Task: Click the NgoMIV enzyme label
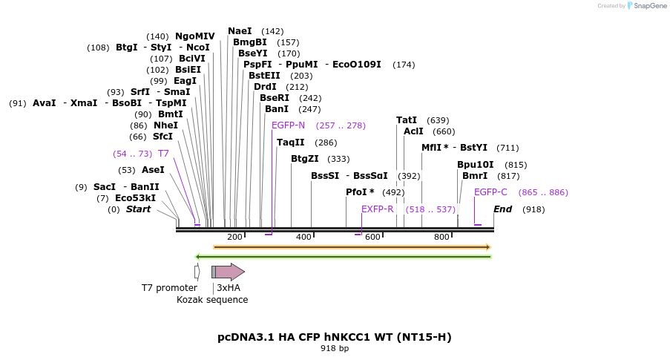click(194, 36)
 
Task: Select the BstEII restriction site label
click(264, 76)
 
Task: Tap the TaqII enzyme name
click(290, 143)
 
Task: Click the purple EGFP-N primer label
click(288, 125)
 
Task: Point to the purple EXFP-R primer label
click(377, 209)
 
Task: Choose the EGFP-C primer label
click(490, 192)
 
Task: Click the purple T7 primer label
click(163, 154)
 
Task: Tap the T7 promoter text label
click(169, 288)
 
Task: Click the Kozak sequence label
click(212, 300)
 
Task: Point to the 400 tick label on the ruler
click(303, 237)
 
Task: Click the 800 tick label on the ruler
click(441, 237)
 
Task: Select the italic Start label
click(138, 209)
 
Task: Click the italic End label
click(502, 209)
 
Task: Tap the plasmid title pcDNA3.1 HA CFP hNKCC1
click(334, 337)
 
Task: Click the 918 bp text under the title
click(334, 348)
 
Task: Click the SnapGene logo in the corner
click(643, 6)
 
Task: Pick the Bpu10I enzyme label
click(475, 165)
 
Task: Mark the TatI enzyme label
click(407, 120)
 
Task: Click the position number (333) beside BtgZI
click(338, 159)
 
